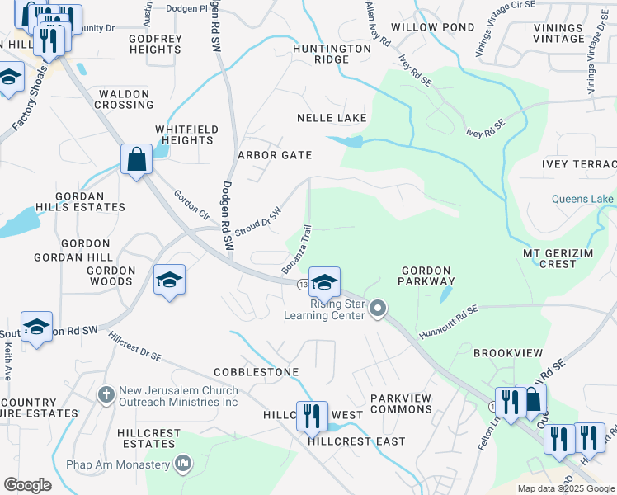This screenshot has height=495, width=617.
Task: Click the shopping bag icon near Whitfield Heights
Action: coord(135,158)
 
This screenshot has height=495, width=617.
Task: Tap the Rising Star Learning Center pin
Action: coord(379,309)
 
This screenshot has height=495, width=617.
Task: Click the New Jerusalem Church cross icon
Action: coord(106,395)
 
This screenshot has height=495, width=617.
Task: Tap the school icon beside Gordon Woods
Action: coord(169,280)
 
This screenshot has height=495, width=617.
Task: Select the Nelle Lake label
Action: coord(332,118)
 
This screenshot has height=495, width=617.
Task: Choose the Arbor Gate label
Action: coord(275,155)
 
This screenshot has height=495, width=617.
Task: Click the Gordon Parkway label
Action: coord(426,276)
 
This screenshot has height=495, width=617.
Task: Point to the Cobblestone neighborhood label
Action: coord(256,372)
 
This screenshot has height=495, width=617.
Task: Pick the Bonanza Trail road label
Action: coord(297,252)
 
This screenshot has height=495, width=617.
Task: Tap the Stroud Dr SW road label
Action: coord(258,221)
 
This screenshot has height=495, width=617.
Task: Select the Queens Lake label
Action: coord(582,199)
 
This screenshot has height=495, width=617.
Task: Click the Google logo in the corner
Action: coord(28,485)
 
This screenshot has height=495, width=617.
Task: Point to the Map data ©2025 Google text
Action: coord(565,488)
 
